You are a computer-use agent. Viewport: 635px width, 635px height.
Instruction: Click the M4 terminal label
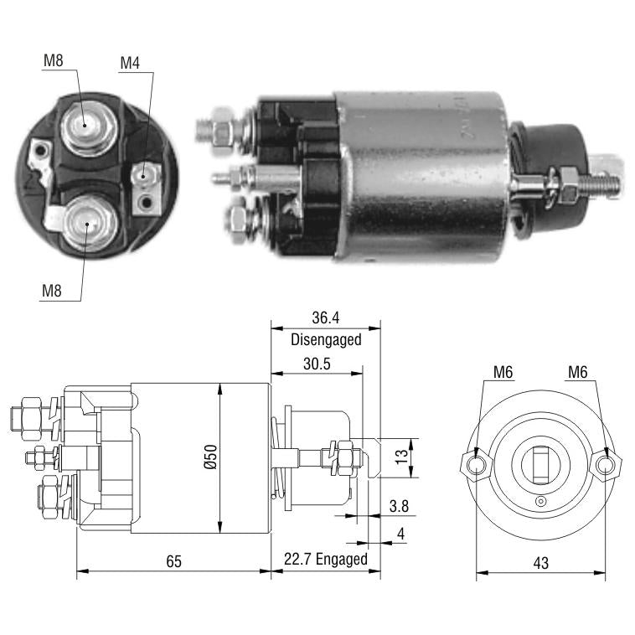click(x=130, y=63)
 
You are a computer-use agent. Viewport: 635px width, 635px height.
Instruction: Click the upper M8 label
click(x=54, y=61)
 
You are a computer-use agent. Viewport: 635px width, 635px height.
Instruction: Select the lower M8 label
click(x=52, y=291)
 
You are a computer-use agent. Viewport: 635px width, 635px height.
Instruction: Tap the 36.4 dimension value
click(x=326, y=317)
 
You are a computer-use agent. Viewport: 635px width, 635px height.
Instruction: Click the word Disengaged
click(x=326, y=339)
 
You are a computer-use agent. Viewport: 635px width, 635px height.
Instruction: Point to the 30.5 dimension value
click(x=317, y=364)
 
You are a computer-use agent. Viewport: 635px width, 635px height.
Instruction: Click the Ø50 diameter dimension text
click(x=210, y=457)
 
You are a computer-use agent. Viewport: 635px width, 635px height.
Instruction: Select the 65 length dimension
click(x=173, y=561)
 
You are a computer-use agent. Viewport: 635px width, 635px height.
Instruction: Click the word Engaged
click(x=342, y=560)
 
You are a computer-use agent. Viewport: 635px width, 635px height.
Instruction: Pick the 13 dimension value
click(x=402, y=457)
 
